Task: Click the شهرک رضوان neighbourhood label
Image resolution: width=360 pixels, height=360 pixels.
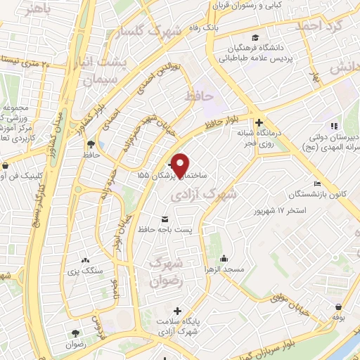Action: tap(167, 271)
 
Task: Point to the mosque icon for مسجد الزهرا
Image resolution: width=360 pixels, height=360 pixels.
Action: tap(223, 257)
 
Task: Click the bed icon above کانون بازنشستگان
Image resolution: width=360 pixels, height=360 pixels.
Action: tap(317, 184)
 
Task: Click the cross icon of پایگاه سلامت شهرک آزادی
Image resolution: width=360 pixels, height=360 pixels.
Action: tap(176, 310)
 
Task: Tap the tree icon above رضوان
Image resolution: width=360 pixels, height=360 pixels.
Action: tap(75, 333)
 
